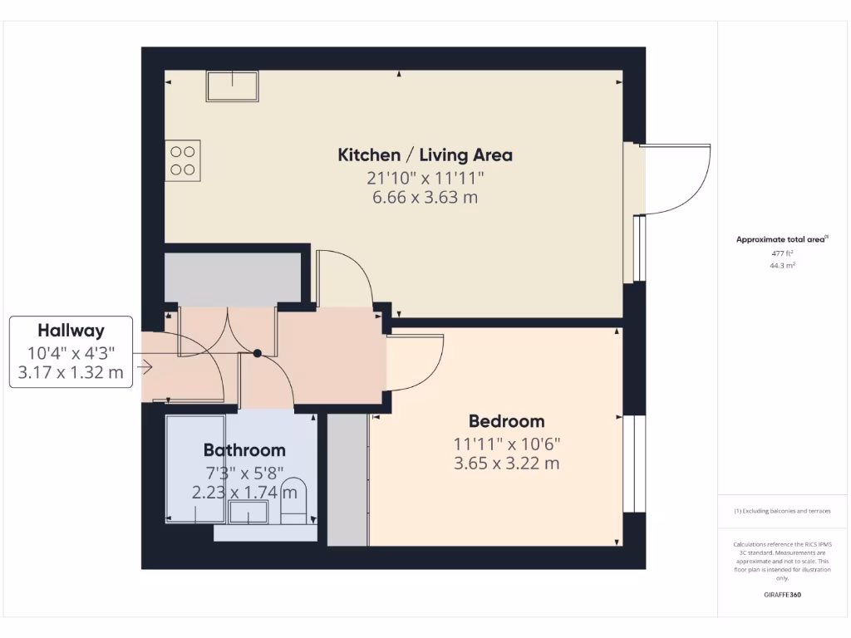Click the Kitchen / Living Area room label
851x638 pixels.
[x=425, y=155]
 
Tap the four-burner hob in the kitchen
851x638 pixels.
[x=184, y=160]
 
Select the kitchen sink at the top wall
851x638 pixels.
[x=233, y=86]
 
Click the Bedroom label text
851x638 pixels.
[x=506, y=421]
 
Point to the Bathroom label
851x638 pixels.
[x=244, y=450]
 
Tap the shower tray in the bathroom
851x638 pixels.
[x=195, y=469]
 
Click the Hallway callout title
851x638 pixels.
[x=71, y=331]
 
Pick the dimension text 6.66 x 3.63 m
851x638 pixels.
[x=425, y=198]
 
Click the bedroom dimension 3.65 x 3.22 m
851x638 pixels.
[x=506, y=464]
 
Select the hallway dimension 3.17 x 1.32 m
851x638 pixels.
[x=71, y=372]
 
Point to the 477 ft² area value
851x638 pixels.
[x=781, y=253]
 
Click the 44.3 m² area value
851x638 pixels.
[x=781, y=266]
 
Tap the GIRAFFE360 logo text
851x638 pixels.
[x=781, y=595]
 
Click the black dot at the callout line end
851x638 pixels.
[x=258, y=353]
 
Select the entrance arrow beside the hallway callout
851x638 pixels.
[x=147, y=366]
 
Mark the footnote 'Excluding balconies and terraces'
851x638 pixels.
[x=781, y=511]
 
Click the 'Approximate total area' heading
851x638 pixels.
[x=781, y=239]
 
